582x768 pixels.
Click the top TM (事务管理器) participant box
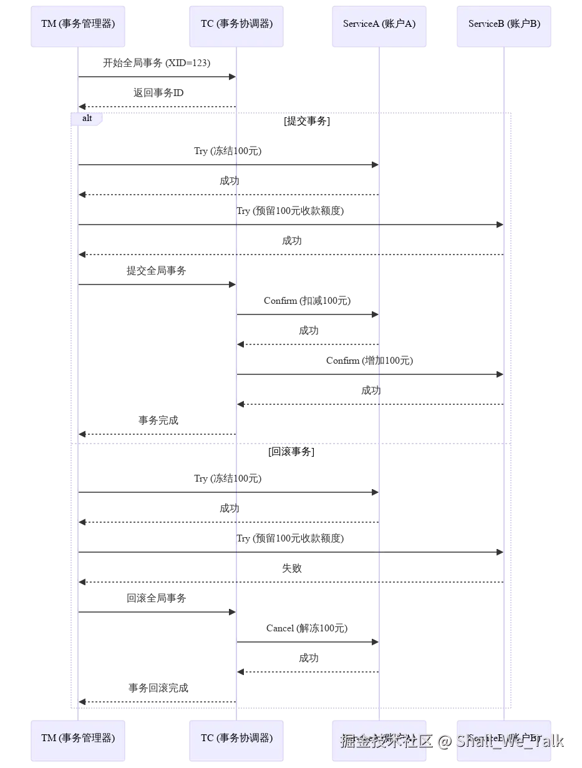coord(79,24)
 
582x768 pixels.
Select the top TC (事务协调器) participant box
coord(236,24)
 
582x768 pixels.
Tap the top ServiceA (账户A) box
coord(379,24)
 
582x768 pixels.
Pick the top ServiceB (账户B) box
coord(504,24)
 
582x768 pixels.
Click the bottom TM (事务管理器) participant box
coord(79,738)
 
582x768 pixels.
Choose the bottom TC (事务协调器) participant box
coord(236,738)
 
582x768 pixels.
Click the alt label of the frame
coord(87,118)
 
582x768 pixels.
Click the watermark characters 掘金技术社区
coord(387,741)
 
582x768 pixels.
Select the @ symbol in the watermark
coord(444,741)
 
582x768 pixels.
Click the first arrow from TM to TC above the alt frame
coord(156,77)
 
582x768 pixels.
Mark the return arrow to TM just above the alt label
coord(156,107)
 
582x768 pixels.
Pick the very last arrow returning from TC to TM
coord(156,701)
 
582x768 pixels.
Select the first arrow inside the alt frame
coord(228,165)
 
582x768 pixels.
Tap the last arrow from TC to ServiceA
coord(308,641)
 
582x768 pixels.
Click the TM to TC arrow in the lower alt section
coord(156,612)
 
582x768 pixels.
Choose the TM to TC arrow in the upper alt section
coord(156,284)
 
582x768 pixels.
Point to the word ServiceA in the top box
coord(361,24)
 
